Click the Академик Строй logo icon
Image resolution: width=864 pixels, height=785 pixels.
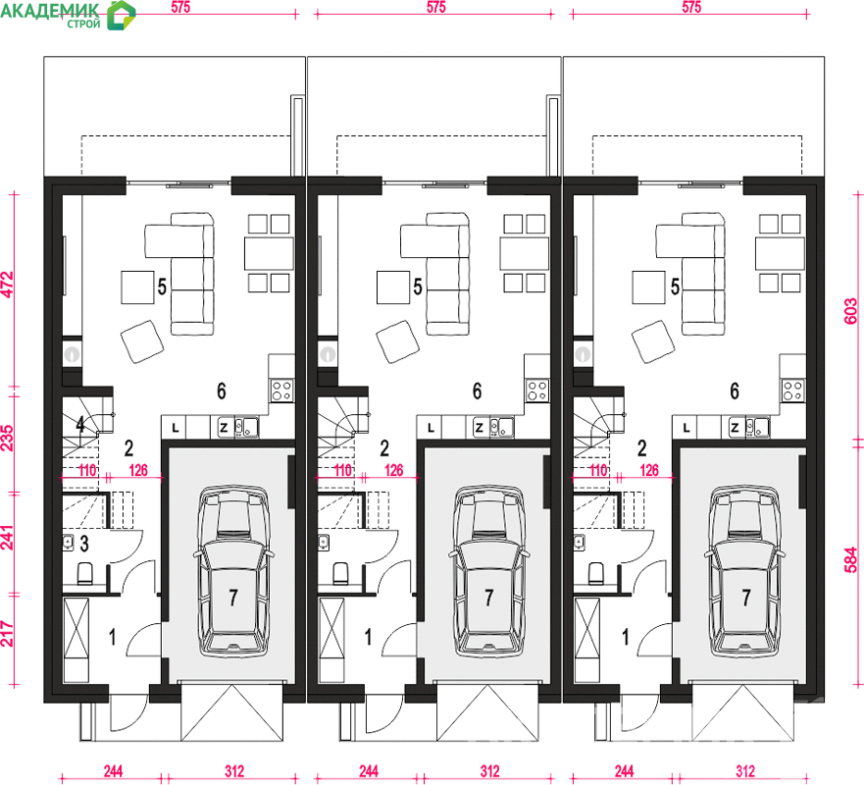121,15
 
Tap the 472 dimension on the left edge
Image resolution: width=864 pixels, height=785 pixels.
8,285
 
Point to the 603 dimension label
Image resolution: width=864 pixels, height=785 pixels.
851,311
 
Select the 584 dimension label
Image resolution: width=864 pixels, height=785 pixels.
851,559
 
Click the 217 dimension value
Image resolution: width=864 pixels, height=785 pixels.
8,634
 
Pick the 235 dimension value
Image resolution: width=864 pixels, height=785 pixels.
8,439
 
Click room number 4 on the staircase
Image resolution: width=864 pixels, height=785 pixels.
80,425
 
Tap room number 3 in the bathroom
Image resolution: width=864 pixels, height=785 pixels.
84,544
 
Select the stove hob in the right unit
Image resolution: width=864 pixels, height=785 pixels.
793,391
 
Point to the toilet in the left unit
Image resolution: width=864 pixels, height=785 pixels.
85,573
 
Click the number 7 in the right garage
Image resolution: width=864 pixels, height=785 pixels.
746,597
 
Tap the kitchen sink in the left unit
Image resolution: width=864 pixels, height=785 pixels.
247,427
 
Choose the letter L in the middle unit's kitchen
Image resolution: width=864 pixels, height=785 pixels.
431,428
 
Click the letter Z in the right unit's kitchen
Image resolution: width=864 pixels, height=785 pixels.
735,428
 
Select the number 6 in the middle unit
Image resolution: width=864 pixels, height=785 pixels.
478,391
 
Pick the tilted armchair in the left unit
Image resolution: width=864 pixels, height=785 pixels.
142,341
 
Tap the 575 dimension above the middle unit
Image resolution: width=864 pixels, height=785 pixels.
435,7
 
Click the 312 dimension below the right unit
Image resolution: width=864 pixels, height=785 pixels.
745,771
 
